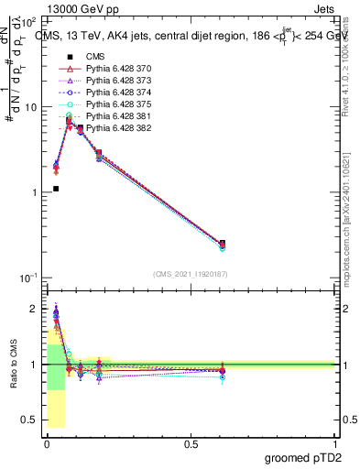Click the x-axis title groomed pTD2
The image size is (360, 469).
[301, 457]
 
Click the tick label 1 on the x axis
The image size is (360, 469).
[335, 443]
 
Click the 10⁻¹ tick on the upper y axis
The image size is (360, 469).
[27, 278]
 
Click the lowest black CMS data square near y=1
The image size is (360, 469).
[56, 189]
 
